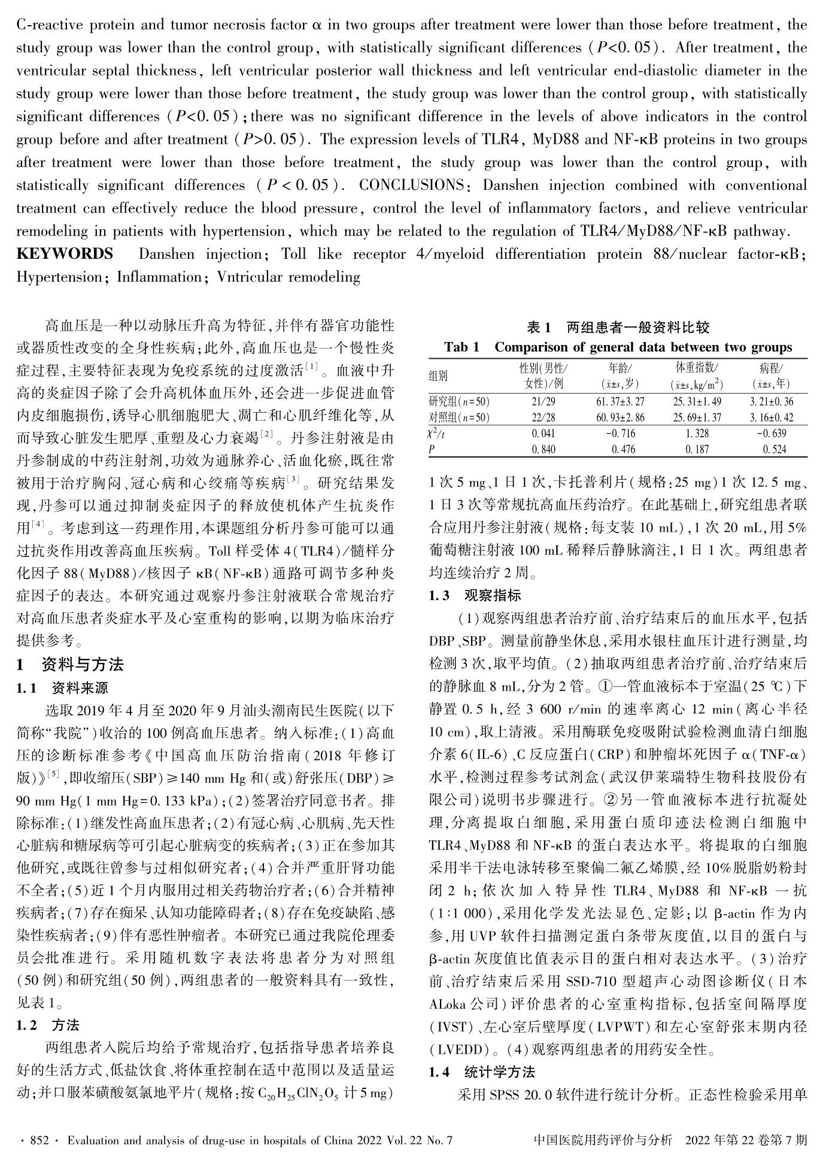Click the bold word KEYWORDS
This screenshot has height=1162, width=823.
[x=65, y=254]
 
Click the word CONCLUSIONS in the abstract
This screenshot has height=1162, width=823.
[x=411, y=185]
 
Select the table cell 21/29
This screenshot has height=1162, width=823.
[x=543, y=402]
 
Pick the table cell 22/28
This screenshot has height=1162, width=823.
[x=543, y=417]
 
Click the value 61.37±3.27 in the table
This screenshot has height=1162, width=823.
[x=620, y=402]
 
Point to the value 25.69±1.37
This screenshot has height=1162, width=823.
[x=697, y=417]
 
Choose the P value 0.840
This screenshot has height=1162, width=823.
[x=543, y=449]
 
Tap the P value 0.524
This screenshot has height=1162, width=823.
[x=775, y=449]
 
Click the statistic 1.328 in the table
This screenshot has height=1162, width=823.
[x=697, y=433]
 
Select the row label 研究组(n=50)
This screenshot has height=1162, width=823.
[x=459, y=402]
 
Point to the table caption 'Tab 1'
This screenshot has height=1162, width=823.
[x=461, y=347]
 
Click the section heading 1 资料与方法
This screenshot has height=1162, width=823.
[x=70, y=664]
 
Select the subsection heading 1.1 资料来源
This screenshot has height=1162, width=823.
[x=62, y=688]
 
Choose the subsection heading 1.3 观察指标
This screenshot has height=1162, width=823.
[x=475, y=595]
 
